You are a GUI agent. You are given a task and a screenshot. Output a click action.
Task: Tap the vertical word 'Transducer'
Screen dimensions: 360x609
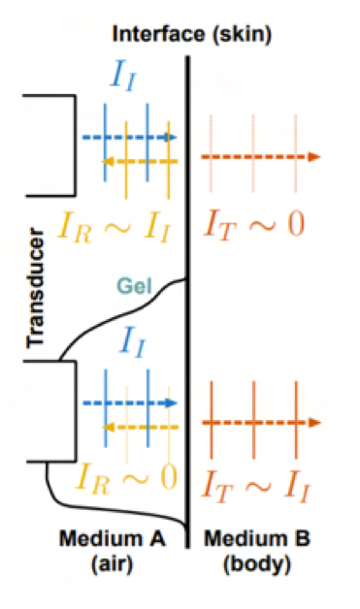tap(37, 289)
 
